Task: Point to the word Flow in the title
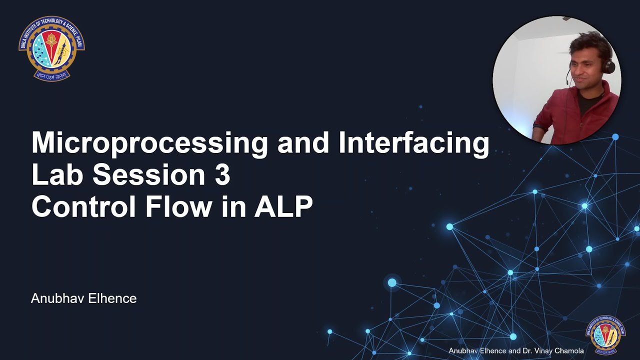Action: click(x=178, y=206)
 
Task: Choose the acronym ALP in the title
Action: click(x=283, y=206)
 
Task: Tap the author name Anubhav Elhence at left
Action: click(x=83, y=298)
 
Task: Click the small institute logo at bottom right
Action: click(x=605, y=334)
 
